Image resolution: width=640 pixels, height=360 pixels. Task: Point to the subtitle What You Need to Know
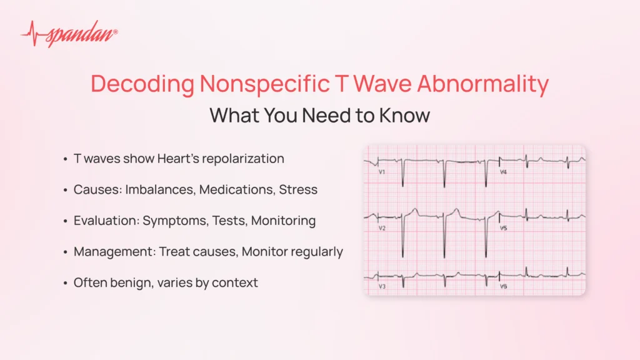[x=319, y=116]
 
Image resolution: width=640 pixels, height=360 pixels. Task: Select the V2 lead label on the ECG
[x=382, y=228]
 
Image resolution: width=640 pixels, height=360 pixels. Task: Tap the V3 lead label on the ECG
[x=382, y=286]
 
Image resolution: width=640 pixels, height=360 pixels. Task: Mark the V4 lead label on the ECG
[x=503, y=171]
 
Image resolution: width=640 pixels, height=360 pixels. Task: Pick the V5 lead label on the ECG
[x=503, y=228]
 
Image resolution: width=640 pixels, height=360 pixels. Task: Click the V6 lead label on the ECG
[x=503, y=286]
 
